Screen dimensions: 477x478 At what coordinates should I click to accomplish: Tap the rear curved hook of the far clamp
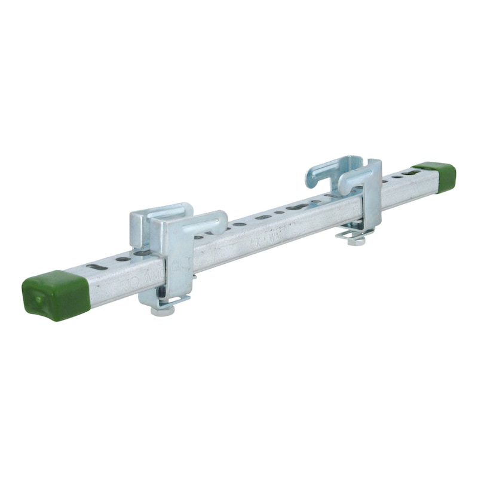click(x=327, y=168)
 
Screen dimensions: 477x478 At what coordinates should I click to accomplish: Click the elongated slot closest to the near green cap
click(x=97, y=267)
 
